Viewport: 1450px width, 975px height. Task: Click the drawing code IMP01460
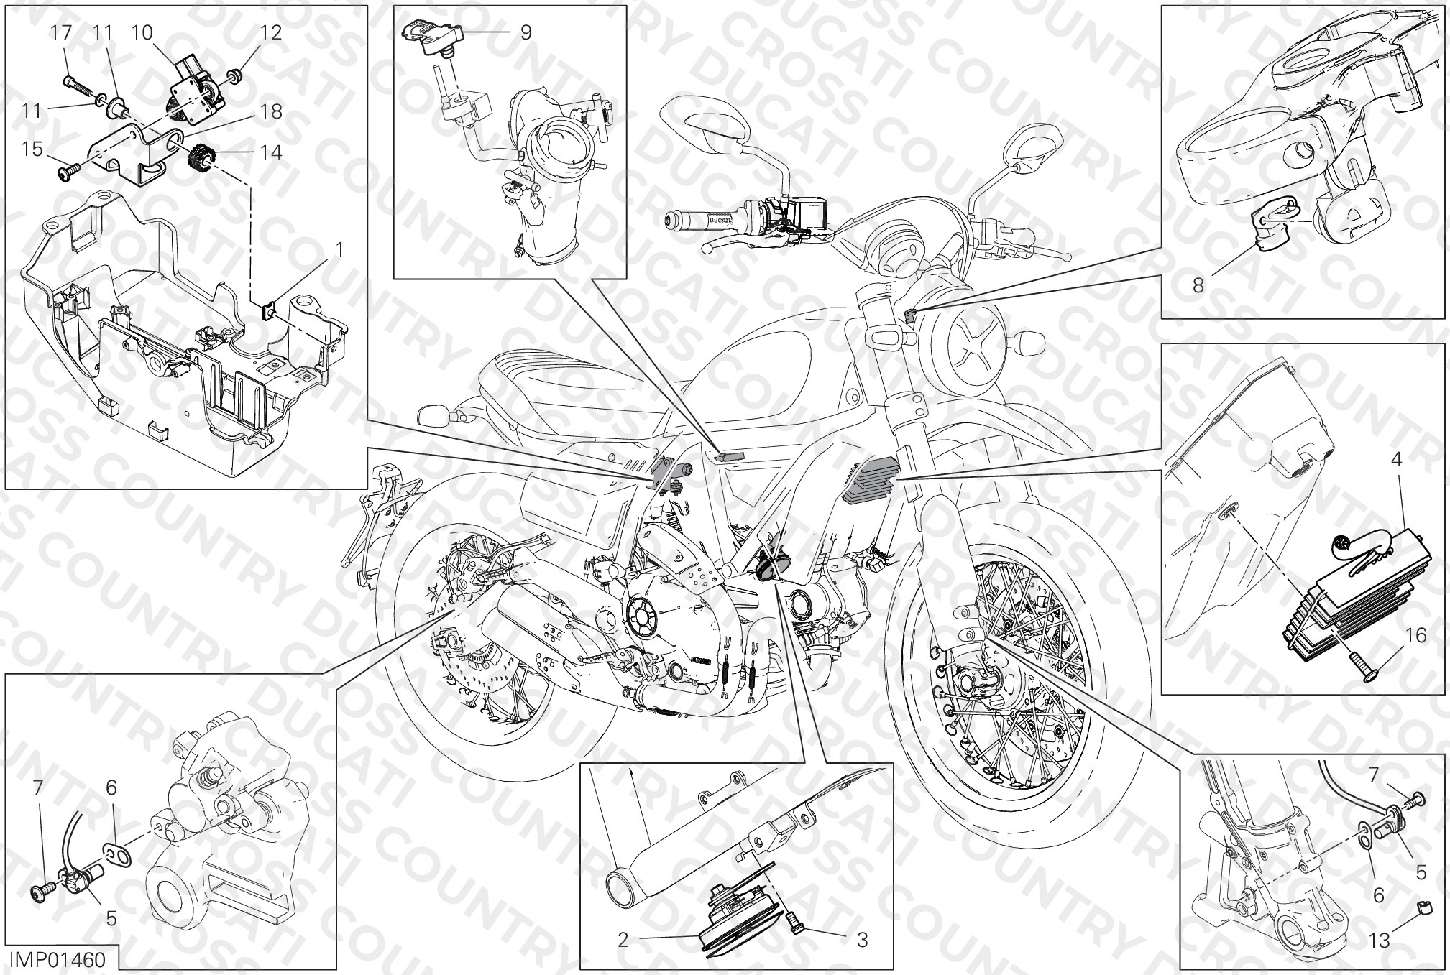tap(57, 960)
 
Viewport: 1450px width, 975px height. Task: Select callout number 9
tap(526, 32)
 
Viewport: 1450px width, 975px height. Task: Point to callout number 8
tap(1198, 285)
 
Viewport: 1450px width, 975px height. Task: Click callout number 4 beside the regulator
tap(1396, 459)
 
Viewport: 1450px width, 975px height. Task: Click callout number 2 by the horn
tap(623, 939)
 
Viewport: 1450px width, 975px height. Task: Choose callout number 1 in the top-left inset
tap(339, 249)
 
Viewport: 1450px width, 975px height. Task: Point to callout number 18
tap(272, 111)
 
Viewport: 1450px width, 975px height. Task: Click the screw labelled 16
tap(1364, 657)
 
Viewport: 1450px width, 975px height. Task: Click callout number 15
tap(33, 149)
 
